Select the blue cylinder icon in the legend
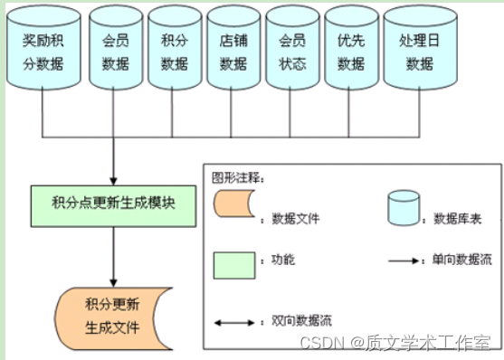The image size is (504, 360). point(403,209)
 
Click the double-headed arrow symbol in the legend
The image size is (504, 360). point(234,321)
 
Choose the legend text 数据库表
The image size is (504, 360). point(461,218)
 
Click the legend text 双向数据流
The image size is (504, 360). point(290,322)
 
